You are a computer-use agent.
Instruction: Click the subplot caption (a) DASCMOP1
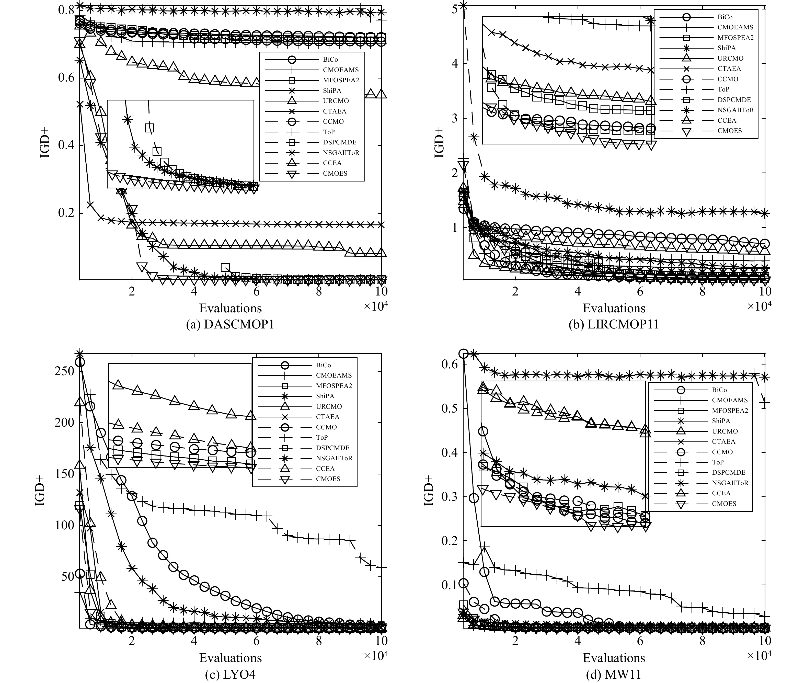tap(230, 324)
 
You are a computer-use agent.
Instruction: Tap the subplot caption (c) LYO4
tap(230, 675)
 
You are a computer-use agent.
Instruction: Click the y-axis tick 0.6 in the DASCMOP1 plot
tap(66, 78)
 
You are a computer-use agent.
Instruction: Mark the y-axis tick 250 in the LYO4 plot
tap(64, 371)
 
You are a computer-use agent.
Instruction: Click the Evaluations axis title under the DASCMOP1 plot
tap(230, 308)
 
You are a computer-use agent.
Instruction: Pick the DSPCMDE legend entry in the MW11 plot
tap(728, 473)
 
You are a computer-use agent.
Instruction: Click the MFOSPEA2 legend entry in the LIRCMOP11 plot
tap(735, 38)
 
